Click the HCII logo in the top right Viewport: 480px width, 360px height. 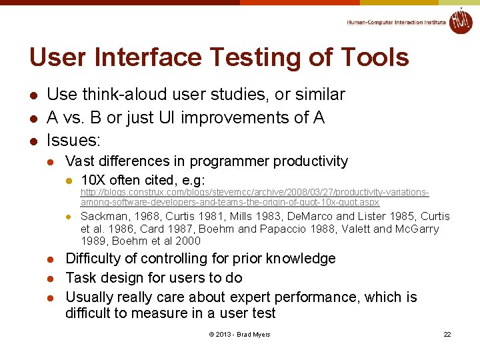tap(461, 21)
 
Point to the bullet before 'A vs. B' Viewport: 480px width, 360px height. tap(33, 118)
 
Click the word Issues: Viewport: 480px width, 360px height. tap(73, 141)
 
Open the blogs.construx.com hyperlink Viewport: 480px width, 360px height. tap(254, 197)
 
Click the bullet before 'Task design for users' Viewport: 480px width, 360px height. tap(53, 278)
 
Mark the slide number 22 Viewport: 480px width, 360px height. tap(447, 334)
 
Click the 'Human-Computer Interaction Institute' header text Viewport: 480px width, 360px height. tap(396, 22)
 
